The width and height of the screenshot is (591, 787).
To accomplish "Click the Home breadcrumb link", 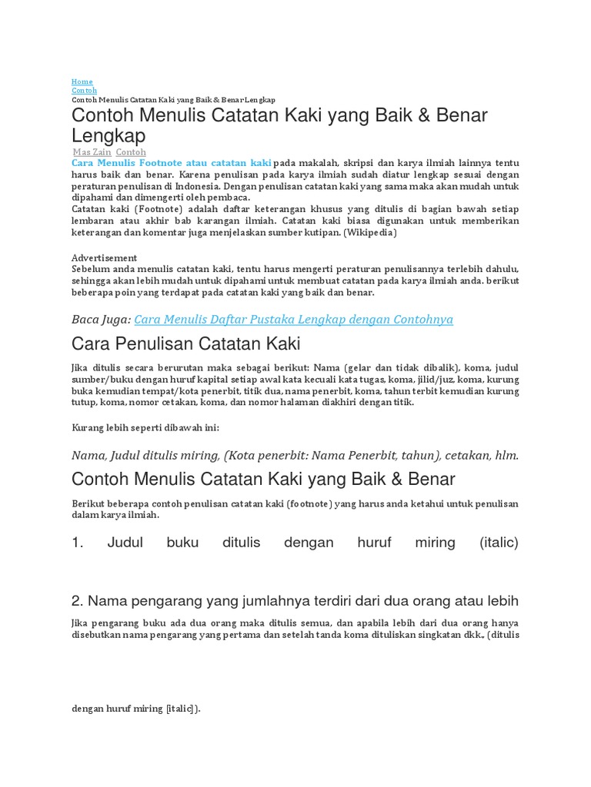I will pos(82,81).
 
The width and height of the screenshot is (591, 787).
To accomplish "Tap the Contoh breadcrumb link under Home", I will pos(84,91).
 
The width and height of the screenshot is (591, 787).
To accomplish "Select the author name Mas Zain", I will pos(92,152).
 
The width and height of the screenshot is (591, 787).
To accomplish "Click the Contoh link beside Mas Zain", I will pos(131,152).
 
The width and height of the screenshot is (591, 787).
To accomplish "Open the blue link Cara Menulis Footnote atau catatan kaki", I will pos(171,163).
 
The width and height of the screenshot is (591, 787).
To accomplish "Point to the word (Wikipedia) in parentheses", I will pos(370,232).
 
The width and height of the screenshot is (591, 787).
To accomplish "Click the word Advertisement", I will pos(104,257).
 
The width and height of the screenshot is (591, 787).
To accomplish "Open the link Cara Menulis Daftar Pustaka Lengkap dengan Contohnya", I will pos(293,319).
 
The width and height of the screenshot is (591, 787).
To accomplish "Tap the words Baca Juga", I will pos(100,319).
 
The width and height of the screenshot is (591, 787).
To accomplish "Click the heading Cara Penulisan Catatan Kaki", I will pos(185,343).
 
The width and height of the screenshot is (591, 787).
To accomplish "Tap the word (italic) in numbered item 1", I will pos(499,543).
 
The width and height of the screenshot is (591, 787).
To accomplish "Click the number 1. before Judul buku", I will pos(77,543).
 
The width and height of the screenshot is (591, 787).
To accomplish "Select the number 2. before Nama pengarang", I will pos(77,600).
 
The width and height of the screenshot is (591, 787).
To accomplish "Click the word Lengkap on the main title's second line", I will pos(109,136).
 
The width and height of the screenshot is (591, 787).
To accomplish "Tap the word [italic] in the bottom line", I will pos(181,709).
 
